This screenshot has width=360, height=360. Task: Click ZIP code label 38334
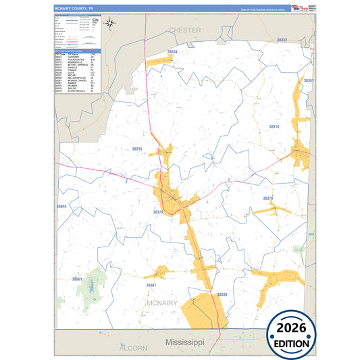tap(173, 51)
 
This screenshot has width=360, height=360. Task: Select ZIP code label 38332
tap(282, 41)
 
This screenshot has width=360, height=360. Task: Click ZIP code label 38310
tap(274, 126)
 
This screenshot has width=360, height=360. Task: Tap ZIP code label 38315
tap(138, 149)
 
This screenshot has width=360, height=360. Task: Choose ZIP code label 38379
tap(268, 198)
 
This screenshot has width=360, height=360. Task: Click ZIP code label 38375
tap(158, 212)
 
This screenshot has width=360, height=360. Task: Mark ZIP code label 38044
tap(61, 206)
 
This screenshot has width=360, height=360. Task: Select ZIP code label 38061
tap(77, 278)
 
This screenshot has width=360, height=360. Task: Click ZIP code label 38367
tap(151, 285)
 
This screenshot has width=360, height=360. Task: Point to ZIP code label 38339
tap(222, 294)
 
